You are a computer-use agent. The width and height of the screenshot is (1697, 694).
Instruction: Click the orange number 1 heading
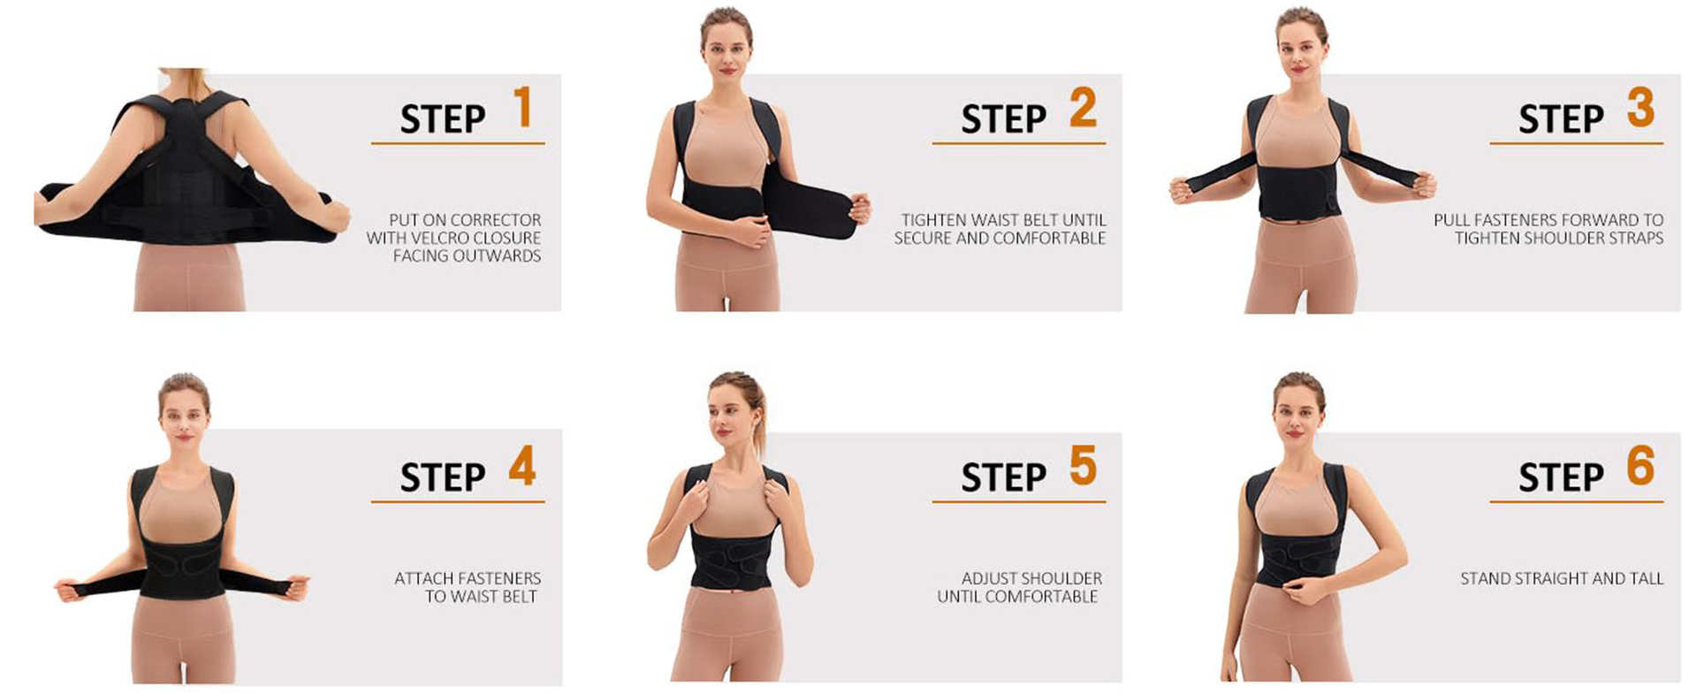coord(522,107)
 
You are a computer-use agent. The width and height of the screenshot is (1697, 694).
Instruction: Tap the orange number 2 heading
coord(1083,108)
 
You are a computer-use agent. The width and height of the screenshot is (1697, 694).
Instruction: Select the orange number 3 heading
coord(1640,108)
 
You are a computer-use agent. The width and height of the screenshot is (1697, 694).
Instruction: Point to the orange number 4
coord(522,466)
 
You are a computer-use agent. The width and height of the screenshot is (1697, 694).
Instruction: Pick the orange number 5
coord(1083,466)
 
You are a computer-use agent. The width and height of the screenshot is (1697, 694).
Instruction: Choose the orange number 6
coord(1640,466)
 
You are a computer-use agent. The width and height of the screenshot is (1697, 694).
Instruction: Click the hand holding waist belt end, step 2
coord(859,210)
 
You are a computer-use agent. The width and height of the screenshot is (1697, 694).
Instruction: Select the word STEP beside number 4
coord(443,478)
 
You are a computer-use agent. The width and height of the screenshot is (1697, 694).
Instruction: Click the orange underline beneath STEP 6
coord(1576,501)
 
